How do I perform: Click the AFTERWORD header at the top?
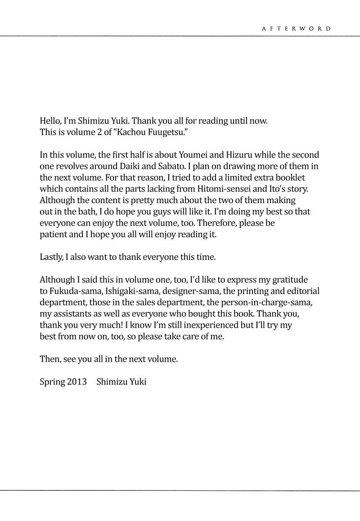pos(297,28)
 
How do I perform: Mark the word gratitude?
pos(289,280)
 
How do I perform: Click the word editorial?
pos(302,291)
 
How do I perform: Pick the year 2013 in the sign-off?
pos(77,382)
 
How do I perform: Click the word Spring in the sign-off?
pos(52,382)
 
